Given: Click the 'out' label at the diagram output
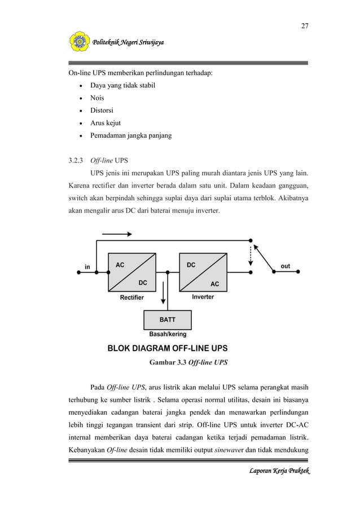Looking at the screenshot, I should [x=286, y=266].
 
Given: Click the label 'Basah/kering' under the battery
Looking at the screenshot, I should [x=168, y=334].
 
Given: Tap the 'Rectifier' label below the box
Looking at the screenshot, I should [x=131, y=297].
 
